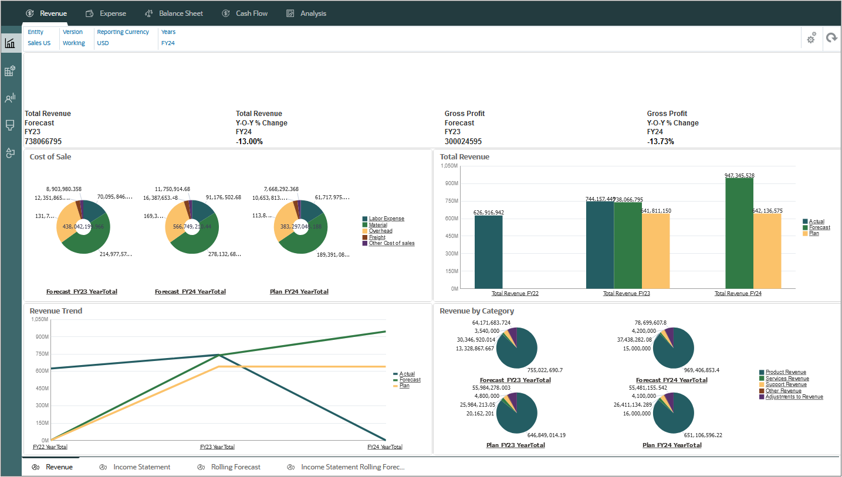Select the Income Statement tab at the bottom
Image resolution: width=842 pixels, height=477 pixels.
click(141, 467)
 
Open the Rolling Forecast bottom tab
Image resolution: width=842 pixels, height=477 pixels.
click(235, 467)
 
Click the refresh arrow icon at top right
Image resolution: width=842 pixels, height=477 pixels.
click(831, 38)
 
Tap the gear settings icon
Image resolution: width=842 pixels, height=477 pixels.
click(811, 38)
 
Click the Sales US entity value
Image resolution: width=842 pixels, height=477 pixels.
click(39, 43)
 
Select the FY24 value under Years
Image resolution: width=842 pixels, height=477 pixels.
click(168, 43)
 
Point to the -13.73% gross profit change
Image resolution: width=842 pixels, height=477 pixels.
click(660, 142)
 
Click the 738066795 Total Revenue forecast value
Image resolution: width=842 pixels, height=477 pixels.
click(43, 142)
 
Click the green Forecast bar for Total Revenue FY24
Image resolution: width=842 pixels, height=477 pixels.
click(739, 233)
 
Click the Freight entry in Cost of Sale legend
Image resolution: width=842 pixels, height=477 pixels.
click(377, 237)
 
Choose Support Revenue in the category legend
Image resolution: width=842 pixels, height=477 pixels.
click(786, 384)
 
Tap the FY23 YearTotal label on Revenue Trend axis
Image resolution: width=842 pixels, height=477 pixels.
click(217, 447)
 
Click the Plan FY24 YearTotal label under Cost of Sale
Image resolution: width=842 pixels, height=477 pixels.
click(299, 292)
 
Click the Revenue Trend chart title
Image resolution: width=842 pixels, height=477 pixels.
click(56, 311)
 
